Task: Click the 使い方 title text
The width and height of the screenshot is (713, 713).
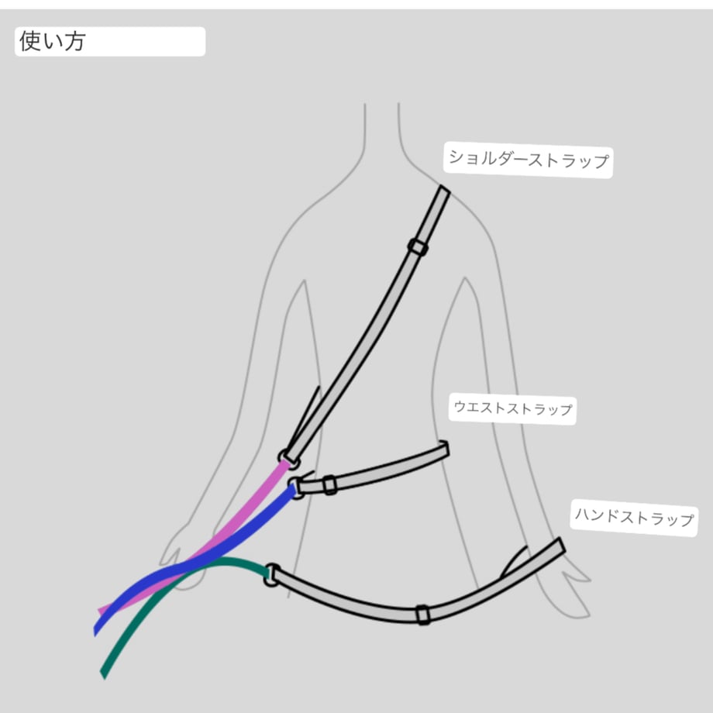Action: [52, 41]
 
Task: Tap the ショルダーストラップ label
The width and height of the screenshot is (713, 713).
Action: [528, 160]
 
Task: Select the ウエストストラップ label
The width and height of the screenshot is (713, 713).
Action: [512, 408]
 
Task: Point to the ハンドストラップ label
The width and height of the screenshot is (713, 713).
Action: [634, 517]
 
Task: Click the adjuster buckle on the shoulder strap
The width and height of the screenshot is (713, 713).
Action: [418, 247]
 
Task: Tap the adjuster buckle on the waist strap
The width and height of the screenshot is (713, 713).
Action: [329, 485]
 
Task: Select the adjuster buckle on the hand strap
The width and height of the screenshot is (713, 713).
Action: [423, 615]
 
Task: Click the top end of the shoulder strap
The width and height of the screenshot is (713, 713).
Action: [444, 189]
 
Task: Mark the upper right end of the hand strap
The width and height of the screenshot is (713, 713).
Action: [562, 545]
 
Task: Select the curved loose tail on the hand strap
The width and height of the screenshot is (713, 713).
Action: [513, 562]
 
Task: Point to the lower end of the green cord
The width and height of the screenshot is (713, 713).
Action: [103, 675]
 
